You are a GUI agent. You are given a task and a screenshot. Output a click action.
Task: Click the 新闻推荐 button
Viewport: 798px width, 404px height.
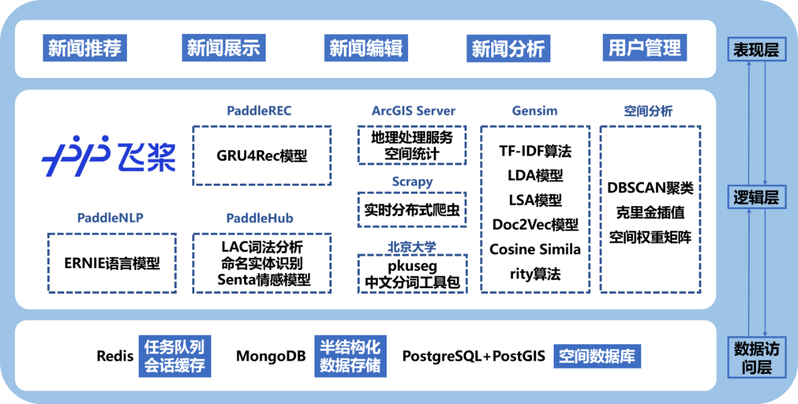84,48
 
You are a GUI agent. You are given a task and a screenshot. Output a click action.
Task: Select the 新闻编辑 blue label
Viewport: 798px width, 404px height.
366,48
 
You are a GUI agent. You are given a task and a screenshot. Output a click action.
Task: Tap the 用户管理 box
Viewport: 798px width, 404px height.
645,48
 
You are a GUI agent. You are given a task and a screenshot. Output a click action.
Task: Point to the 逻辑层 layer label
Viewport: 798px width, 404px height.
756,198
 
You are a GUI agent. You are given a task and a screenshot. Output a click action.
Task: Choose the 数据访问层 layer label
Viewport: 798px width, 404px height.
756,357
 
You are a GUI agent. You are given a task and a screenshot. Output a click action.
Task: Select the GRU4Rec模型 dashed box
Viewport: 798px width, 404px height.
262,155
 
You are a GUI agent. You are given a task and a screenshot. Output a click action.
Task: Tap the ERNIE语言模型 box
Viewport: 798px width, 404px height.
112,263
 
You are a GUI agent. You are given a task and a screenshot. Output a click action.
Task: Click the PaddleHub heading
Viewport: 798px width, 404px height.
260,218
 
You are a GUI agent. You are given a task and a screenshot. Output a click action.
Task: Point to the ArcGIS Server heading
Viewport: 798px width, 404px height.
413,111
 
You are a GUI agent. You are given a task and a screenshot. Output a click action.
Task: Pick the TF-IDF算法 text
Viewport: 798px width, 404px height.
535,151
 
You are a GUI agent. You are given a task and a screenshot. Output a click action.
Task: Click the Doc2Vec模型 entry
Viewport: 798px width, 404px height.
535,225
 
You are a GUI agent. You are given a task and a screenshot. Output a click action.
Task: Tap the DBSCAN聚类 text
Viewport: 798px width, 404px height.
650,188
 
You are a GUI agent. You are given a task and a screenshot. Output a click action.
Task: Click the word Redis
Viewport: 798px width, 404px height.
115,356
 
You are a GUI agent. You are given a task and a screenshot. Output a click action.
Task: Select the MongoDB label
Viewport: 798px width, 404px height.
270,356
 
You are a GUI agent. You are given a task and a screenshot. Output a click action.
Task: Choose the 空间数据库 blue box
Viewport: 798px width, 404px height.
597,356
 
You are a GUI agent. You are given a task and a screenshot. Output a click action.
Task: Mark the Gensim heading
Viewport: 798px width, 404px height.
535,111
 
